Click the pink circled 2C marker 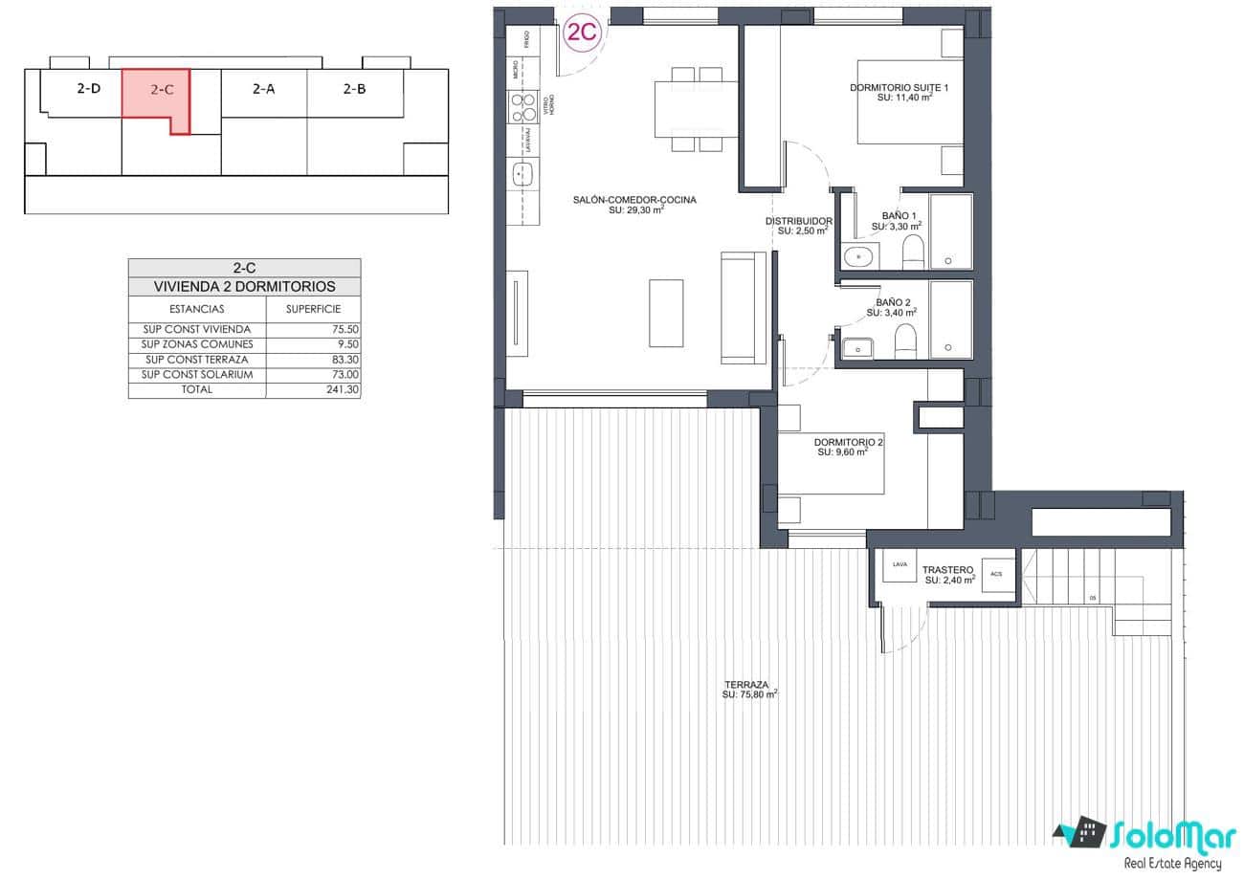pos(582,33)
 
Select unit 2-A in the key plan pos(263,89)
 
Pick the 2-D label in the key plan pos(88,88)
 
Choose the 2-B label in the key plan pos(354,89)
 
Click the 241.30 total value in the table pos(342,390)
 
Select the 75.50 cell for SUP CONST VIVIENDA pos(342,329)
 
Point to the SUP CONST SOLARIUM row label pos(197,375)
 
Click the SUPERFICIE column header pos(313,309)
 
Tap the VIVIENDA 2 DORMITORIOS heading pos(245,286)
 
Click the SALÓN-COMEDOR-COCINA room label pos(634,200)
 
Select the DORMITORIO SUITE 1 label pos(899,88)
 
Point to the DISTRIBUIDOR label pos(798,222)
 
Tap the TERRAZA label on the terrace pos(746,685)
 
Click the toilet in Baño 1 pos(913,253)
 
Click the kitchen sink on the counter pos(522,175)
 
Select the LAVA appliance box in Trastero pos(899,565)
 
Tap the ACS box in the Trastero pos(996,574)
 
